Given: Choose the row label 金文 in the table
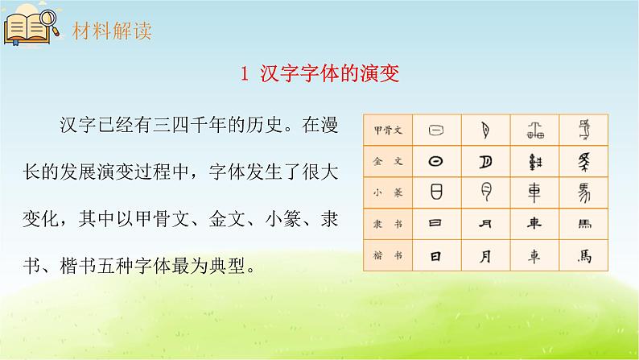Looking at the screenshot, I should (x=389, y=161).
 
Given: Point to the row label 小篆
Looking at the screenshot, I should (x=389, y=192).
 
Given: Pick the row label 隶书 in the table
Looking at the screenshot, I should (x=389, y=224).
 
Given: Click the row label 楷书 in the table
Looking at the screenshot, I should (x=389, y=256).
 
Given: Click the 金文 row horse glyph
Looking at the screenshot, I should (x=583, y=161).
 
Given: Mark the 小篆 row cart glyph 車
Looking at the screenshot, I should (x=535, y=192).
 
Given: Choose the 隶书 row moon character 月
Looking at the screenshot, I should (x=486, y=224).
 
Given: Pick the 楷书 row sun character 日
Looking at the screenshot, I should (x=436, y=256).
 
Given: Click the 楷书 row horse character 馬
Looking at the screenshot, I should (x=583, y=256).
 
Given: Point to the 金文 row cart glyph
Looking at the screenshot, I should (x=535, y=161).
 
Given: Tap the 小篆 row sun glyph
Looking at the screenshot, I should (x=436, y=192).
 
